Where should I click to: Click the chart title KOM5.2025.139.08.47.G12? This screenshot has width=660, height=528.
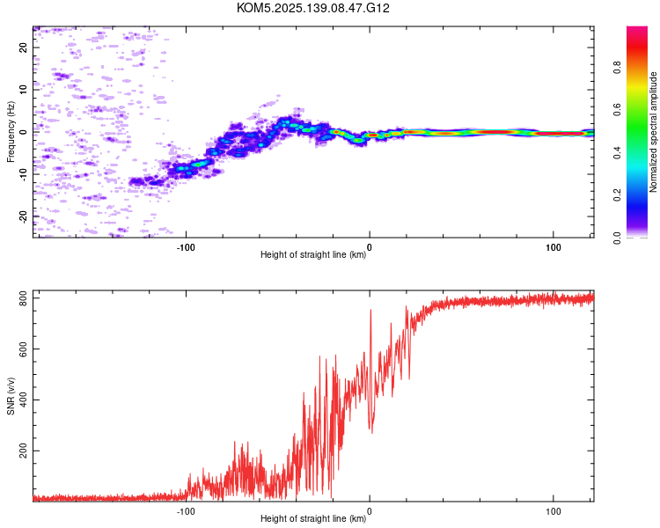click(x=312, y=8)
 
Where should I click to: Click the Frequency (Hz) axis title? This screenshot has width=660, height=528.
click(x=11, y=132)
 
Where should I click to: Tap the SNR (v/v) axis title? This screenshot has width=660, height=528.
click(x=11, y=396)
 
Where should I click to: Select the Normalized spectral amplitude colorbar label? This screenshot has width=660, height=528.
click(x=653, y=132)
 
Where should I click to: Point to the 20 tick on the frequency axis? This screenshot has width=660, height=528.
click(x=23, y=48)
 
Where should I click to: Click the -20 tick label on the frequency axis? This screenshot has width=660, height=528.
click(x=23, y=217)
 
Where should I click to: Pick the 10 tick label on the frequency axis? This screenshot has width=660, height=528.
click(x=23, y=90)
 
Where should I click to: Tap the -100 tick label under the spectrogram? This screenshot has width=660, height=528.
click(x=186, y=247)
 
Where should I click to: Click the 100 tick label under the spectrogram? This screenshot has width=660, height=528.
click(x=554, y=247)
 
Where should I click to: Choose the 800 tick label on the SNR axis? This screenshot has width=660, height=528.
click(x=23, y=298)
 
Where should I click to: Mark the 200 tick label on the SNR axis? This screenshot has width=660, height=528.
click(x=23, y=451)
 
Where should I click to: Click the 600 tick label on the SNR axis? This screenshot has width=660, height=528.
click(x=23, y=349)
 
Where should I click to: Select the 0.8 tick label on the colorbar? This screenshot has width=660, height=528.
click(x=617, y=68)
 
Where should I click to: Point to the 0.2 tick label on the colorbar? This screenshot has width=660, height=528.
click(x=617, y=195)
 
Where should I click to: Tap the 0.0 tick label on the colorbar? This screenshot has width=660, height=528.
click(x=617, y=238)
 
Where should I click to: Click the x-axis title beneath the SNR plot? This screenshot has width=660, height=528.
click(x=313, y=518)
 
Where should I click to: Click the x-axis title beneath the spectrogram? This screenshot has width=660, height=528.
click(x=313, y=254)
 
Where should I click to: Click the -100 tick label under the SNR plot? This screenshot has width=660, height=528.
click(x=186, y=511)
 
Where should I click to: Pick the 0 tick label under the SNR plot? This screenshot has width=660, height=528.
click(x=370, y=511)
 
